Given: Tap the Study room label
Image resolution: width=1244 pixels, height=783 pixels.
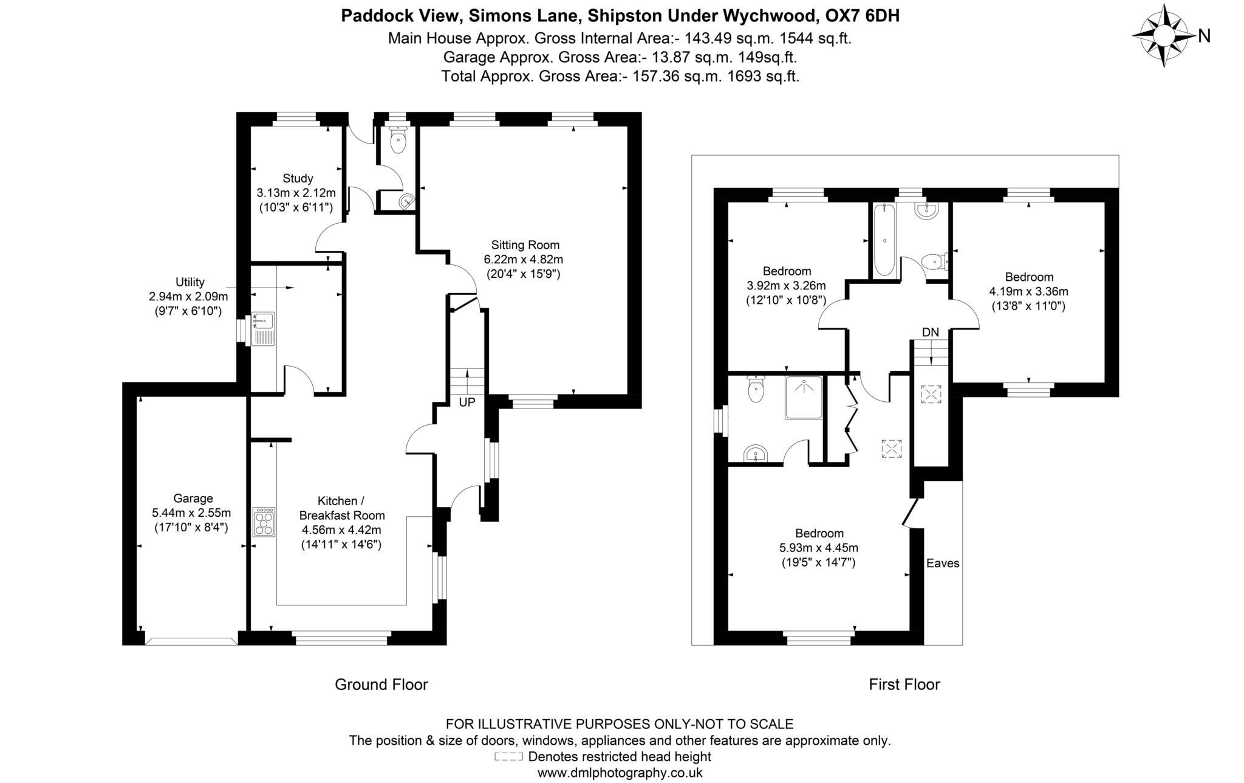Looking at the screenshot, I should click(x=297, y=178).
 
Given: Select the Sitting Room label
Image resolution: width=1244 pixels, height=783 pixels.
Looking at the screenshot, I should click(x=525, y=245).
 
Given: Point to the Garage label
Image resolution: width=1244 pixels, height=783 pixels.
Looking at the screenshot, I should click(x=193, y=498).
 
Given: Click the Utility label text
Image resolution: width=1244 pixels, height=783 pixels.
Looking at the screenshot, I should click(x=190, y=282).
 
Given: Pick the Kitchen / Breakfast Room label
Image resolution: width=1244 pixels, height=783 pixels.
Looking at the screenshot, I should click(x=341, y=508).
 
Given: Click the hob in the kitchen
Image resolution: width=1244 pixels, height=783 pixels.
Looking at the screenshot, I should click(x=264, y=522).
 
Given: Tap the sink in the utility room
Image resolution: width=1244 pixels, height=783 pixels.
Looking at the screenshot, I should click(x=264, y=328).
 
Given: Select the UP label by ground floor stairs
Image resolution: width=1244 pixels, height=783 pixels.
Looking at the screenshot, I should click(x=466, y=402).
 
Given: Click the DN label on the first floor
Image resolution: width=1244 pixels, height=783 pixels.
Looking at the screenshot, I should click(x=930, y=333).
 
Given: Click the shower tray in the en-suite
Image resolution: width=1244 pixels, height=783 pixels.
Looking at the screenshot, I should click(x=804, y=398).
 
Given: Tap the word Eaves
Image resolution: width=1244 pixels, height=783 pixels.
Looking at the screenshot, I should click(x=943, y=564).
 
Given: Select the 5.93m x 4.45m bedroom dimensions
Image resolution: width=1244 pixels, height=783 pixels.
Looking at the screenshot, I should click(x=818, y=548).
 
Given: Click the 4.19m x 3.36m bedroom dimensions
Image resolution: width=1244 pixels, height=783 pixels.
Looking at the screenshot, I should click(x=1028, y=291).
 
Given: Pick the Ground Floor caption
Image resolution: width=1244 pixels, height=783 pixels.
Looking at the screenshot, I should click(x=381, y=685).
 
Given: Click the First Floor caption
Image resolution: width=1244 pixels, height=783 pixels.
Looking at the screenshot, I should click(x=904, y=685).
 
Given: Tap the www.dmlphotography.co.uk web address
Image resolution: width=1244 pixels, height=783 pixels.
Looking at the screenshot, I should click(x=620, y=773).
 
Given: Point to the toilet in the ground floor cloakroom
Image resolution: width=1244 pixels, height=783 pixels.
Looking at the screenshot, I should click(x=398, y=141).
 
